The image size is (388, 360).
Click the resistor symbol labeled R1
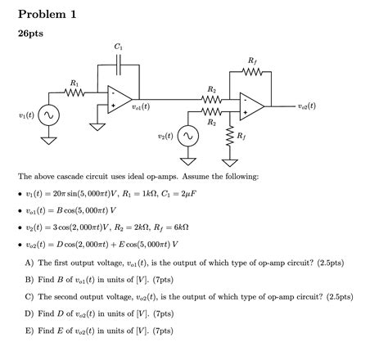click(x=74, y=92)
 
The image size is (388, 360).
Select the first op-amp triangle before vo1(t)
click(x=118, y=99)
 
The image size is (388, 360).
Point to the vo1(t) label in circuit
click(x=147, y=106)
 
